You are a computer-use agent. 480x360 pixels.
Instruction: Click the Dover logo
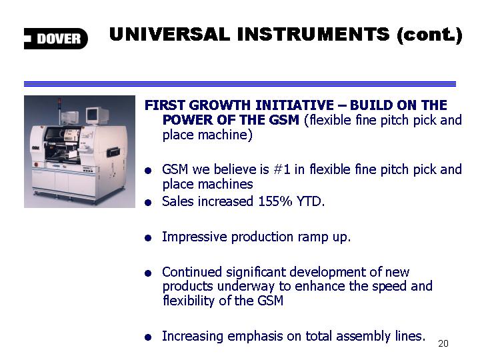(56, 39)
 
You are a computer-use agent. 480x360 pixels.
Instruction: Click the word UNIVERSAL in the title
(169, 34)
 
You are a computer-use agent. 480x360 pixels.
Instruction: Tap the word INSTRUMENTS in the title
(313, 34)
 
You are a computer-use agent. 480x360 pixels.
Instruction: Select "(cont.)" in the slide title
(429, 35)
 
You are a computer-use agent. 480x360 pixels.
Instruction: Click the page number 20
(443, 343)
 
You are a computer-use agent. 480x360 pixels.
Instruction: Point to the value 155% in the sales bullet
(275, 201)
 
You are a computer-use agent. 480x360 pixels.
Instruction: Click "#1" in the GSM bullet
(281, 169)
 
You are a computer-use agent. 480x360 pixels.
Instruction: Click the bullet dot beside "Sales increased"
(148, 203)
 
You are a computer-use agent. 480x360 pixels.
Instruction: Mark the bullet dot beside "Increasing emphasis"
(148, 337)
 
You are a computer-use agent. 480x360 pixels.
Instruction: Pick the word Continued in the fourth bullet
(191, 272)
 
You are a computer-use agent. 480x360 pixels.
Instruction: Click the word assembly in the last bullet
(363, 337)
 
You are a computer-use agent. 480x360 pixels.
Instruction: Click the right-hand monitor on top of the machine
(97, 116)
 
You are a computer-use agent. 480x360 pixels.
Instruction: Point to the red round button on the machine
(36, 165)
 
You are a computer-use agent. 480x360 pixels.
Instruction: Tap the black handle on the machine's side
(113, 151)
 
